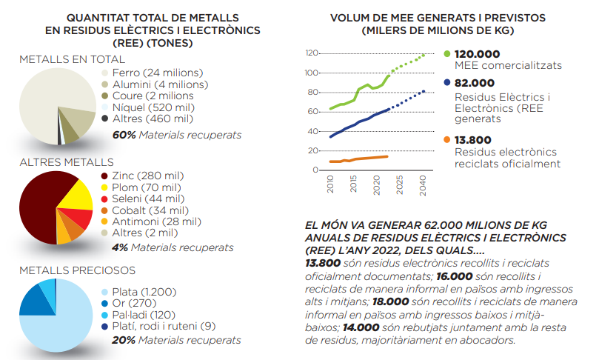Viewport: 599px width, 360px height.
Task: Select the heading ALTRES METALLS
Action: [x=67, y=161]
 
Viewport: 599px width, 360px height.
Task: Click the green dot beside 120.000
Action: [x=446, y=53]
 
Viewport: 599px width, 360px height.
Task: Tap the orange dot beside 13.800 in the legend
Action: [x=446, y=139]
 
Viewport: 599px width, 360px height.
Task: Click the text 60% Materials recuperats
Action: [x=176, y=136]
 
